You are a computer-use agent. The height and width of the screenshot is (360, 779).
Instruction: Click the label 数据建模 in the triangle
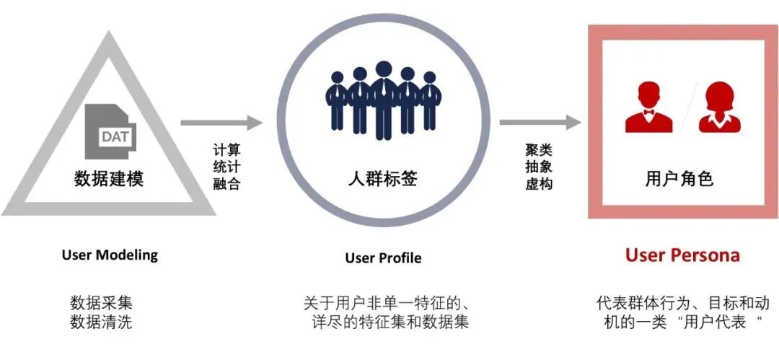pyautogui.click(x=109, y=178)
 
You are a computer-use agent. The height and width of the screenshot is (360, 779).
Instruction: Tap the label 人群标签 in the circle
pyautogui.click(x=382, y=178)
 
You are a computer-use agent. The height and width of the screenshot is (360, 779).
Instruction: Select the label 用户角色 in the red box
pyautogui.click(x=679, y=178)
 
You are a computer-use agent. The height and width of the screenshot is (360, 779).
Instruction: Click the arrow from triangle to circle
pyautogui.click(x=221, y=123)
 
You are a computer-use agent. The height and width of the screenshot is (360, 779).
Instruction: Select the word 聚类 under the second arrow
pyautogui.click(x=539, y=149)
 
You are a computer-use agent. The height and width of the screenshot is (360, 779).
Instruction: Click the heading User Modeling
pyautogui.click(x=110, y=255)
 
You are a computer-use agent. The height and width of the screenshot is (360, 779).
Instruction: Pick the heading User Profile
pyautogui.click(x=383, y=258)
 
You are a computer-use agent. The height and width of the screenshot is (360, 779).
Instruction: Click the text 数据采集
pyautogui.click(x=101, y=302)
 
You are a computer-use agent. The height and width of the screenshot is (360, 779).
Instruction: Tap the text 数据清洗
pyautogui.click(x=101, y=322)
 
